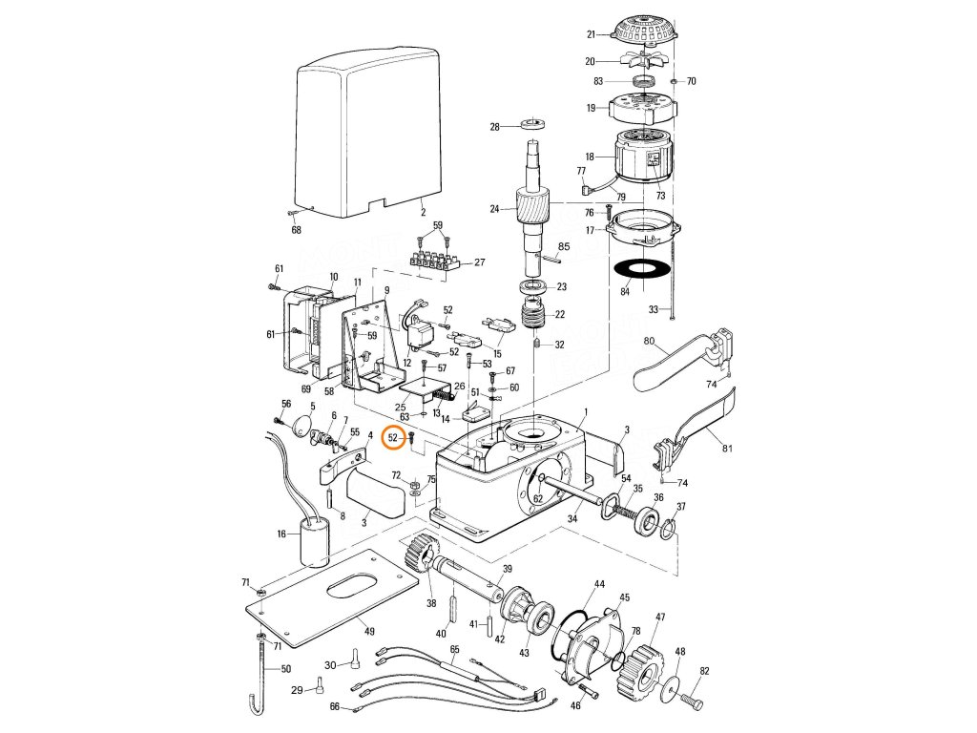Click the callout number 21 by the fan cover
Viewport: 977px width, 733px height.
tap(591, 34)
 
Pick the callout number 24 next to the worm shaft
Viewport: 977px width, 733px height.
tap(494, 209)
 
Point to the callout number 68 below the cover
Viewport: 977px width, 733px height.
tap(296, 230)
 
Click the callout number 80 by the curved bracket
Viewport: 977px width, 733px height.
tap(649, 341)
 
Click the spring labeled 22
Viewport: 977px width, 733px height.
tap(537, 314)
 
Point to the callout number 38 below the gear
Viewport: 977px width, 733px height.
tap(431, 603)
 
